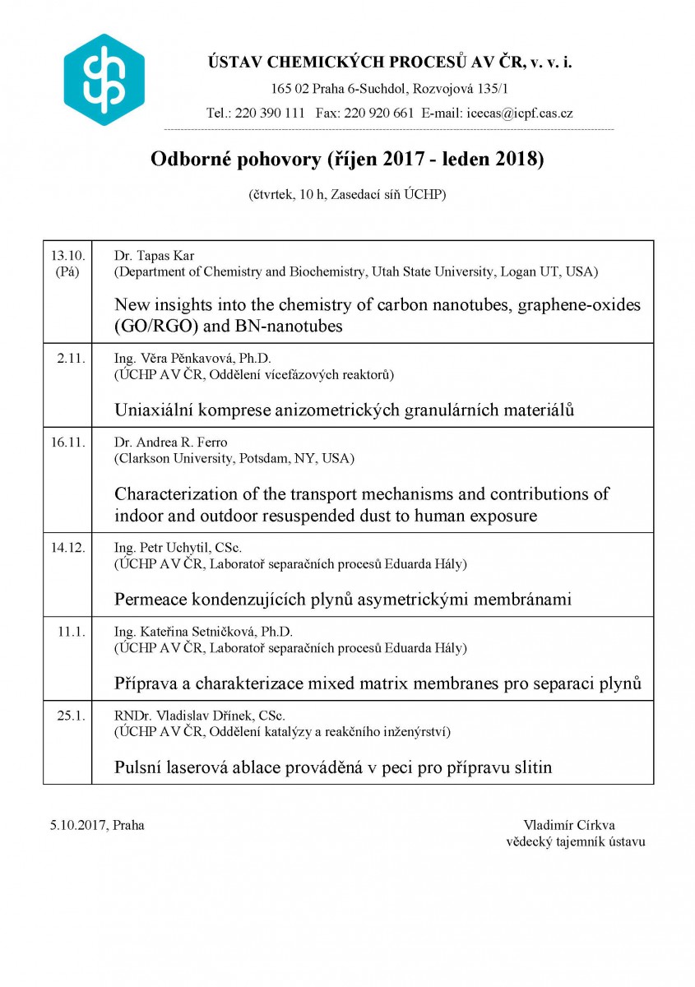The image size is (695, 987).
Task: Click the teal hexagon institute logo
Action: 104,80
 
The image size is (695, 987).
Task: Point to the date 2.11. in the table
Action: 70,358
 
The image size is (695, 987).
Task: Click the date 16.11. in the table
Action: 67,442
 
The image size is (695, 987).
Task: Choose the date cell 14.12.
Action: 67,548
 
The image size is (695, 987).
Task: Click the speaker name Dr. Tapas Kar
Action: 153,255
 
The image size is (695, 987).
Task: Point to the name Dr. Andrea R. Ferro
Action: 171,442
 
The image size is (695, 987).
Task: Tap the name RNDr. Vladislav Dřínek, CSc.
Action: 200,716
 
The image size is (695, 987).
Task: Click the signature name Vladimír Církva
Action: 569,825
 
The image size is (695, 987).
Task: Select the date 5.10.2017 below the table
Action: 77,825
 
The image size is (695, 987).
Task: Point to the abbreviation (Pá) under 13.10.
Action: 67,271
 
